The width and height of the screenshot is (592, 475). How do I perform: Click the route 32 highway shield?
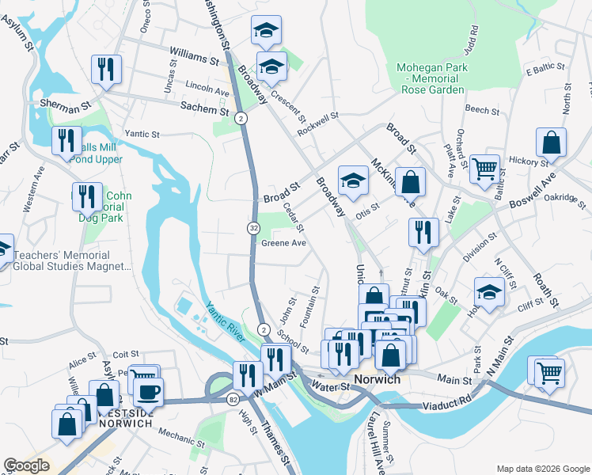click(252, 228)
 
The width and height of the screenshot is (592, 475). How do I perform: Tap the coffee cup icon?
click(147, 391)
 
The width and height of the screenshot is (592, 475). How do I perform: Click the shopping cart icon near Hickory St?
click(484, 167)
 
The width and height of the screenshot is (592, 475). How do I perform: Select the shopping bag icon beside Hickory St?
click(552, 142)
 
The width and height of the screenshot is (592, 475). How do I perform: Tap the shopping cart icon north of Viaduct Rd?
click(549, 370)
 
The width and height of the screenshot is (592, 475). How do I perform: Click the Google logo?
click(27, 465)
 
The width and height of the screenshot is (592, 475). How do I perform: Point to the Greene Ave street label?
click(283, 243)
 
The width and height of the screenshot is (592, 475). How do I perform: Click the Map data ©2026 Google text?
click(541, 468)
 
